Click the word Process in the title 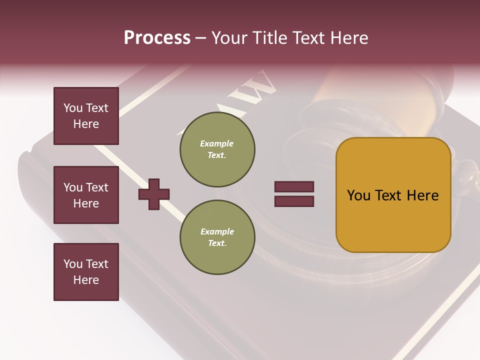(157, 38)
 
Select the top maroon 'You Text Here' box (86, 116)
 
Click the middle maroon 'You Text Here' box (86, 195)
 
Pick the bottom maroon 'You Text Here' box (86, 271)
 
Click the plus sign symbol (153, 194)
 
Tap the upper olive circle (217, 149)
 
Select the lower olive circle (217, 237)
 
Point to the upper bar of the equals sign (294, 186)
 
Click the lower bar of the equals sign (294, 201)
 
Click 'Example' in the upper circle (217, 144)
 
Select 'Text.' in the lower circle (217, 243)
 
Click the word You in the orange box (358, 195)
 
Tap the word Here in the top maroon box (86, 124)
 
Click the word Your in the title (229, 38)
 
